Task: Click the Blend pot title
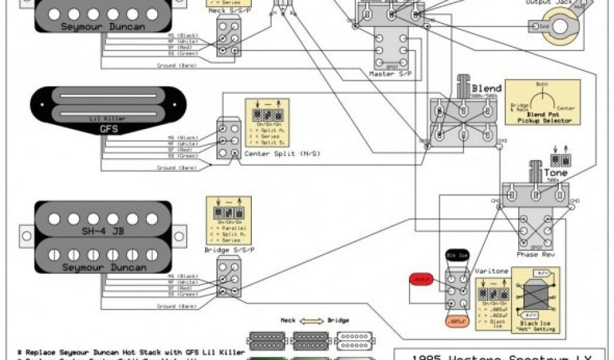[486, 88]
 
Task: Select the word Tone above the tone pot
[555, 173]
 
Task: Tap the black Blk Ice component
[455, 256]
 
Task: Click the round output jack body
[564, 27]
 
